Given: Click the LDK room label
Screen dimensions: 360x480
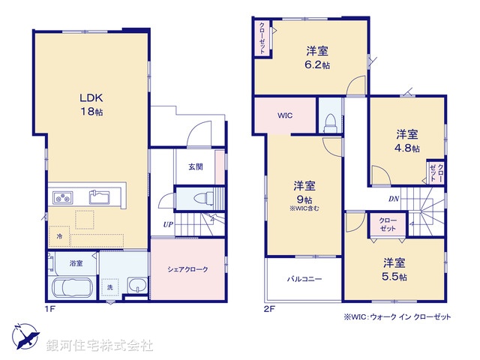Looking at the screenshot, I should (91, 97).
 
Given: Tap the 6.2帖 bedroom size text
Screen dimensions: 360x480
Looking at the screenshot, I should (318, 65).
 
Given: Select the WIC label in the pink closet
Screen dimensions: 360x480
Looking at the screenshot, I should (285, 116).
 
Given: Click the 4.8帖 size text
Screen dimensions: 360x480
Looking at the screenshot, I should (407, 148).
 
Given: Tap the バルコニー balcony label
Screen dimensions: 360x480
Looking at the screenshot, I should (304, 279).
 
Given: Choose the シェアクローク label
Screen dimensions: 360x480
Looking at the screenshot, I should (187, 269).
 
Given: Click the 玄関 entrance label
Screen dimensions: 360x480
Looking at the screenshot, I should (195, 167).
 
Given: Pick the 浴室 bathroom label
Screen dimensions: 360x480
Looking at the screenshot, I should (76, 263).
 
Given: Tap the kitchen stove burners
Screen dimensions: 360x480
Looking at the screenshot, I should (62, 198).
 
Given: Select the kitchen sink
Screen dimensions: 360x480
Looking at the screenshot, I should (99, 198).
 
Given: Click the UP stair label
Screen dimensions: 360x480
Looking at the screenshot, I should (169, 224).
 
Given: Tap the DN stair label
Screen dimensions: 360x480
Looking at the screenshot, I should (393, 199).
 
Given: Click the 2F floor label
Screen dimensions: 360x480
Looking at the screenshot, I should (269, 307).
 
